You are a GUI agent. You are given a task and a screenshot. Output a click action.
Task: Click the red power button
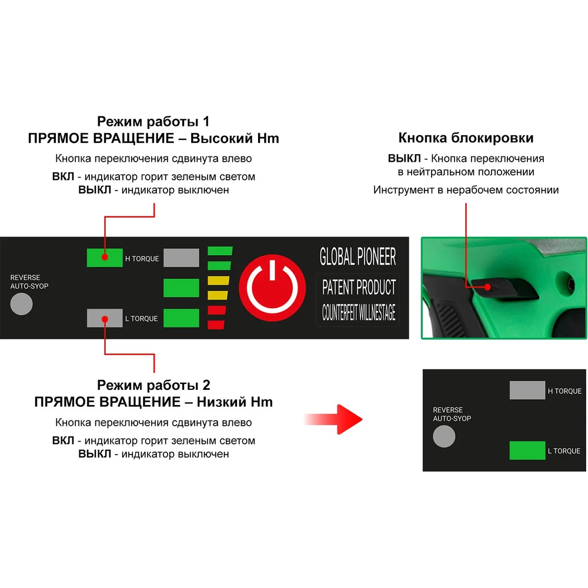click(272, 288)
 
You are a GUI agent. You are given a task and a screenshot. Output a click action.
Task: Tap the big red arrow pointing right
click(333, 419)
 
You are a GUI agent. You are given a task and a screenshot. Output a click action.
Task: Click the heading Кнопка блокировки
click(466, 138)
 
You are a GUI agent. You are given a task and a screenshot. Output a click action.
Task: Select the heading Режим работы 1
click(153, 121)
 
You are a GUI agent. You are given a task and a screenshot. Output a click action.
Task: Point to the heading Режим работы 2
click(153, 385)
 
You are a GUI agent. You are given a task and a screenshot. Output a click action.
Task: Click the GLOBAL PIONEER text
click(358, 257)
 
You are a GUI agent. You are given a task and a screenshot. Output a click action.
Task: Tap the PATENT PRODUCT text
click(359, 288)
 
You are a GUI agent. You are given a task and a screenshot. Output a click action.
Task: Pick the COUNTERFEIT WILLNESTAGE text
click(359, 312)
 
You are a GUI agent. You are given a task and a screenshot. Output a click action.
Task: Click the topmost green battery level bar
click(220, 251)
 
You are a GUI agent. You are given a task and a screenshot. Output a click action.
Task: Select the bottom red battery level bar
click(216, 325)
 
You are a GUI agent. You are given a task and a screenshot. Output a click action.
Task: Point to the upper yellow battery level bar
click(218, 280)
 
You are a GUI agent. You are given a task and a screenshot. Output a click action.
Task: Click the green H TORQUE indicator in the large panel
click(105, 258)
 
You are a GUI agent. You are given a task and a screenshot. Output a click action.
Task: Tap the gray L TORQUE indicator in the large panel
click(105, 318)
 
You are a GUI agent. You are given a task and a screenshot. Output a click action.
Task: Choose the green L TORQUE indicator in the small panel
click(527, 450)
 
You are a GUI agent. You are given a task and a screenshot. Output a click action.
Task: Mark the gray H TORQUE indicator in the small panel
click(527, 390)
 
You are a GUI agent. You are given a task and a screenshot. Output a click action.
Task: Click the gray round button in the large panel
click(21, 304)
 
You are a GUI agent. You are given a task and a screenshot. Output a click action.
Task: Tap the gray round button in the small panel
click(444, 436)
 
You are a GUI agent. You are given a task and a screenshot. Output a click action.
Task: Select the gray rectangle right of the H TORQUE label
click(182, 258)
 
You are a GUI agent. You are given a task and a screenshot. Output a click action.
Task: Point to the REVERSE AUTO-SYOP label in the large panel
click(29, 282)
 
